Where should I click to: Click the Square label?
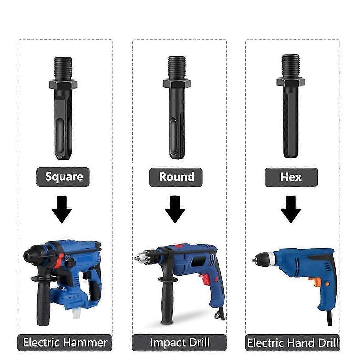pos(63,177)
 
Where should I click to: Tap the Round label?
pos(176,177)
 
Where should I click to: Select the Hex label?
pos(291,177)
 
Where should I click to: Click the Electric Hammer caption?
pos(65,342)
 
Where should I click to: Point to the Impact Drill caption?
pos(179,342)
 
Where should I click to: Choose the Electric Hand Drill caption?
pos(292,342)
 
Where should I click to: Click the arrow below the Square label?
pos(62,209)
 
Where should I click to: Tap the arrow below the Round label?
pos(175,209)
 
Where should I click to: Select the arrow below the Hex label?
pos(291,209)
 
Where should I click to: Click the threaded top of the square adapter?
pos(63,68)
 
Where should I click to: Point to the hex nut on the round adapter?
pos(176,83)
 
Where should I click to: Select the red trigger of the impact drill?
pos(205,280)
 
